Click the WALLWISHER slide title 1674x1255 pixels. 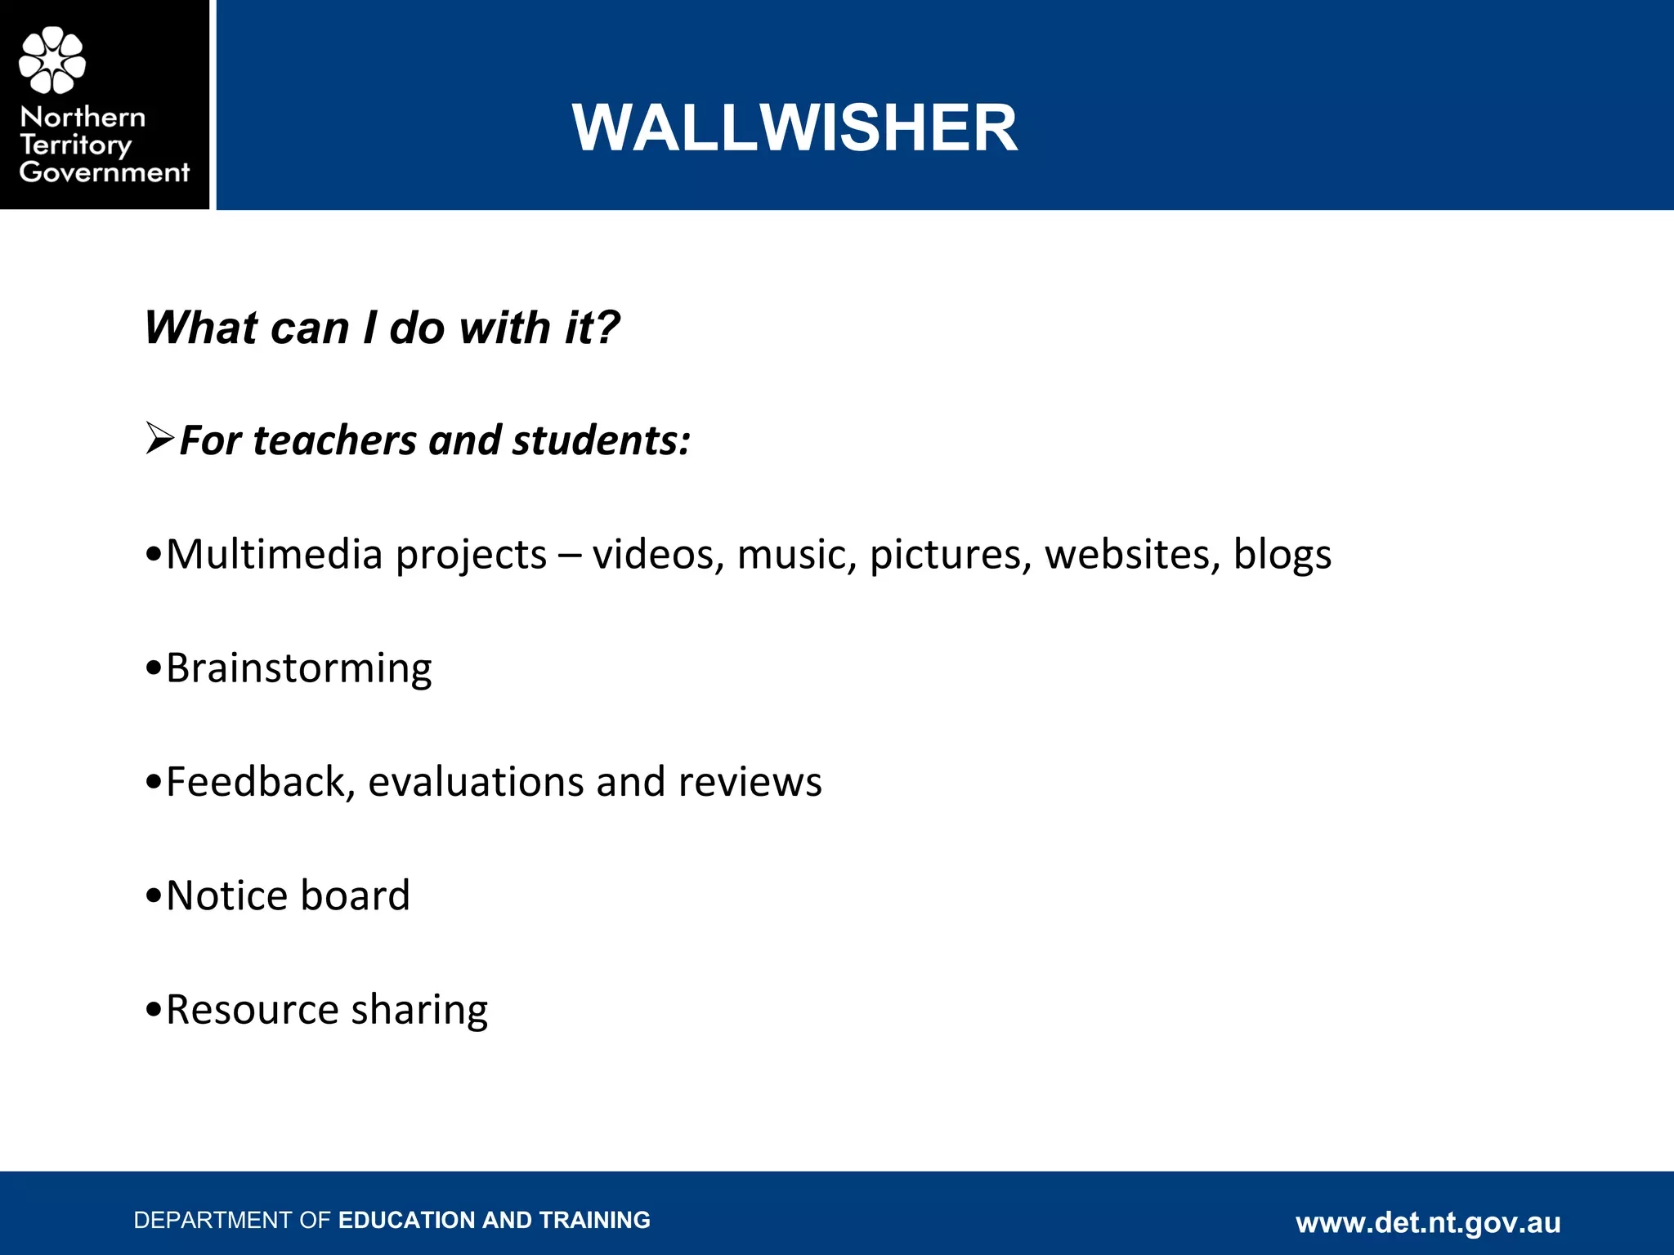(x=794, y=128)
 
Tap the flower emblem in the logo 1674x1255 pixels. (x=52, y=60)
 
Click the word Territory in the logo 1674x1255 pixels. (x=75, y=145)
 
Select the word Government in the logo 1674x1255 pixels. (x=104, y=172)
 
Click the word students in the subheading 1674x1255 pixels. (x=601, y=440)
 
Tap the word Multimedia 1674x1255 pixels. (x=275, y=555)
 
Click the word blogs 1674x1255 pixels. (x=1282, y=555)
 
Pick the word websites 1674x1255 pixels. (x=1132, y=555)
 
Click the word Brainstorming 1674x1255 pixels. (x=299, y=669)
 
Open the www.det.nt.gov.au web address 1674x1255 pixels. (x=1428, y=1222)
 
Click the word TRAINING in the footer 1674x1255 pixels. (x=595, y=1220)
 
